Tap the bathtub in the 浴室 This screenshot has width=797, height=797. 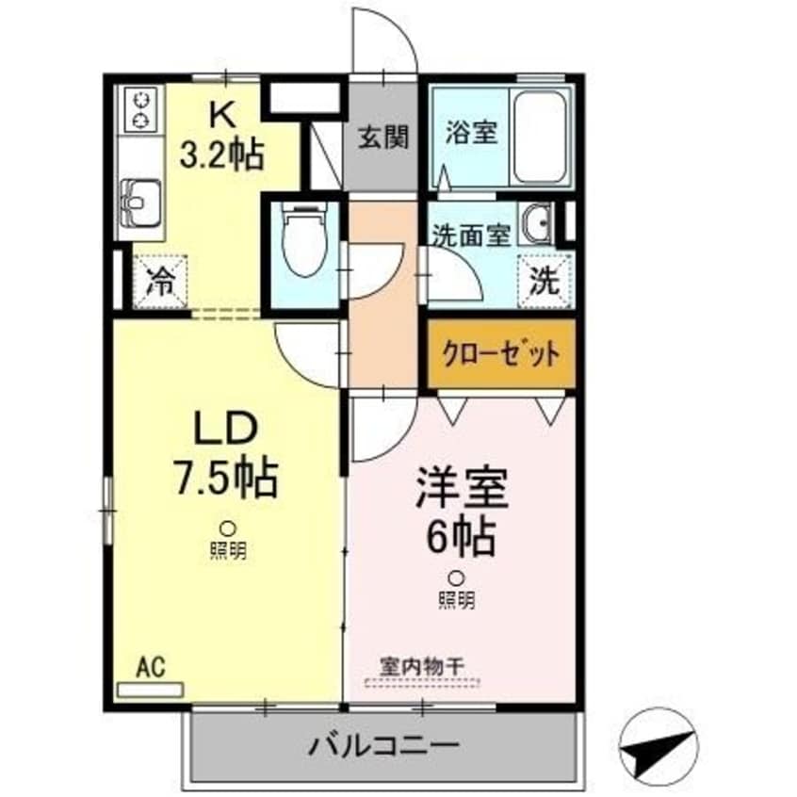(543, 139)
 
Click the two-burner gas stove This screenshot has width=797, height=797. (141, 107)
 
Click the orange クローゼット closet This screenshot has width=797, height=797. (500, 355)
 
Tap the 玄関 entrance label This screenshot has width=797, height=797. (382, 138)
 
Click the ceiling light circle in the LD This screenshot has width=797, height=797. (227, 529)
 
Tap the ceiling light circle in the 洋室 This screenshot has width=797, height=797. (456, 577)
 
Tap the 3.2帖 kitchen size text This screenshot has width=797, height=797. (223, 151)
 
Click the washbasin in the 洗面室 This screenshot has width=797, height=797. (538, 224)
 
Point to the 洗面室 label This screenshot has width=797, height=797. (470, 236)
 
